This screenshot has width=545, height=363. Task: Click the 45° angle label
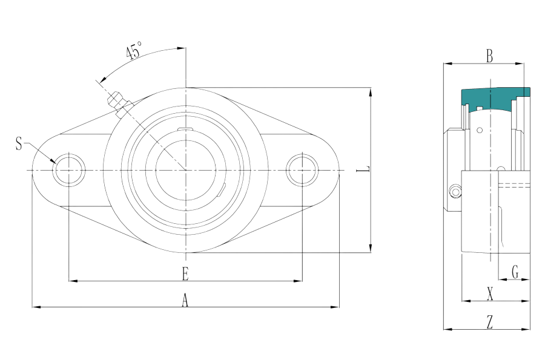[x=134, y=50]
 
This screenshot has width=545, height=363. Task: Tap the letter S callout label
[x=19, y=143]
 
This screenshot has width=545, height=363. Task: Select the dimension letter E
[x=185, y=273]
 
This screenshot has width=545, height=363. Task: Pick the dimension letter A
[x=185, y=300]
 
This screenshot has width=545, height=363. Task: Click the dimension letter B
[x=489, y=56]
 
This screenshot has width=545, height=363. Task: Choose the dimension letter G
[x=515, y=272]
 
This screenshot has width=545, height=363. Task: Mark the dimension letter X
[x=490, y=293]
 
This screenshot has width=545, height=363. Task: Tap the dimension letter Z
[x=490, y=322]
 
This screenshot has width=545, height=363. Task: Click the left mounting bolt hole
[x=69, y=170]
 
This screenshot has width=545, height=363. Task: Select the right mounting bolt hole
[x=302, y=170]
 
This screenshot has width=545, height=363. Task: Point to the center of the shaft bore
[x=186, y=170]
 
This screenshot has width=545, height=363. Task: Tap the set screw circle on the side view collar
[x=455, y=192]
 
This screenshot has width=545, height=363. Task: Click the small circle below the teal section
[x=480, y=130]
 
